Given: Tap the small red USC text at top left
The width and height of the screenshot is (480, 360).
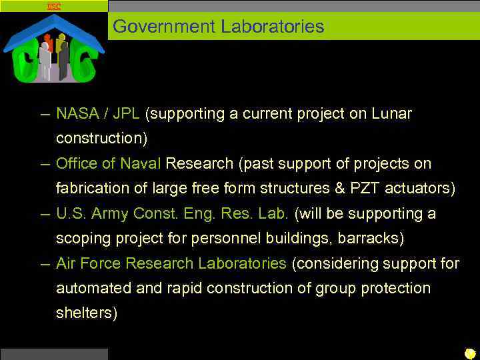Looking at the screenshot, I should point(54,6).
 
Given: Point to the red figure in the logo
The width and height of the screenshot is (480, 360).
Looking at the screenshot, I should point(48,43).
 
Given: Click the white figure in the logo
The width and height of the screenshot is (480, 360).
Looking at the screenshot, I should point(45,60).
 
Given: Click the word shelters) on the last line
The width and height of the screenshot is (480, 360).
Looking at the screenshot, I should point(87,313).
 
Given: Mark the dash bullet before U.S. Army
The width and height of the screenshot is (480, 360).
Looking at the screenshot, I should point(44,214).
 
